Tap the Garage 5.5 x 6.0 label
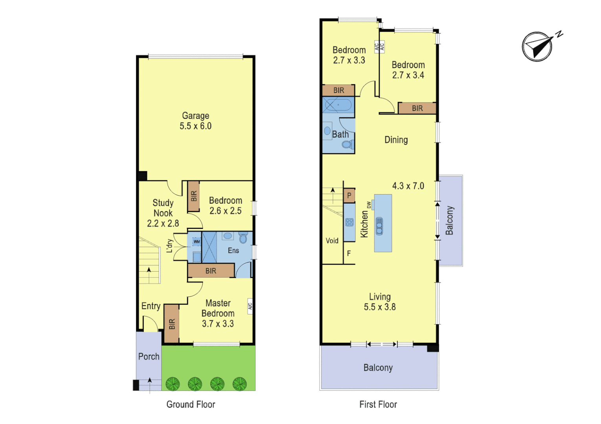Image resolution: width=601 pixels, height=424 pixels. click(x=195, y=121)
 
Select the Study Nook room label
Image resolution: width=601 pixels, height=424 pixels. click(x=163, y=208)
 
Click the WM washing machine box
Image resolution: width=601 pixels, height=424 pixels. click(x=197, y=242)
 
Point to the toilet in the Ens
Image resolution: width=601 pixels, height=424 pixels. click(x=243, y=238)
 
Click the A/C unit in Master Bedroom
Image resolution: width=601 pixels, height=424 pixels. click(x=250, y=305)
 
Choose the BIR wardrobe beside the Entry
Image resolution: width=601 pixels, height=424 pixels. click(x=171, y=323)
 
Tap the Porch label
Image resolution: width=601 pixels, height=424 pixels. click(x=149, y=356)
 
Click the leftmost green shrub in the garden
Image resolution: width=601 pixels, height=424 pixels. click(x=173, y=384)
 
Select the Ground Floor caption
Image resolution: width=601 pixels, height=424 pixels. click(x=191, y=404)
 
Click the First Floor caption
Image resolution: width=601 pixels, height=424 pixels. click(x=378, y=404)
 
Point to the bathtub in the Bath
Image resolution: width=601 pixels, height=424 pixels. click(x=338, y=105)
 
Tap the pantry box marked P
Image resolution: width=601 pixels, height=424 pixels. click(x=349, y=195)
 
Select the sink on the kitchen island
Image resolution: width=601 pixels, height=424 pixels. click(x=379, y=226)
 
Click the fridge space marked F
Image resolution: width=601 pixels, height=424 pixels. click(x=349, y=254)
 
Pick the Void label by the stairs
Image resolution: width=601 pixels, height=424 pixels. click(x=332, y=241)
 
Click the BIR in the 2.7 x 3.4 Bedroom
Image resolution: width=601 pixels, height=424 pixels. click(x=417, y=108)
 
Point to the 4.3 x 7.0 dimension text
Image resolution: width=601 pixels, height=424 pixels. click(x=408, y=186)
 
